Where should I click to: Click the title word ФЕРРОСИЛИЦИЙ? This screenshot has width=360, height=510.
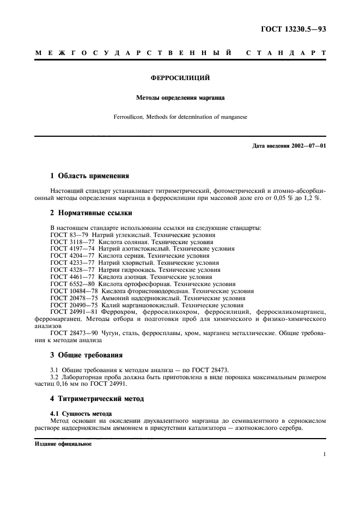pos(180,78)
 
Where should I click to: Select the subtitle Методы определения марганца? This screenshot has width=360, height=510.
pos(180,99)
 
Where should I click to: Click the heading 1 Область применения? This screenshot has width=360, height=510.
pos(89,176)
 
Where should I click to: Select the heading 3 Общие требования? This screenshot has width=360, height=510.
pos(86,355)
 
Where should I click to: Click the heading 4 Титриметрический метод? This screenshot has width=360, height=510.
pos(97,399)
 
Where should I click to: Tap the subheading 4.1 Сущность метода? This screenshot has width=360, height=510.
pos(81,414)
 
